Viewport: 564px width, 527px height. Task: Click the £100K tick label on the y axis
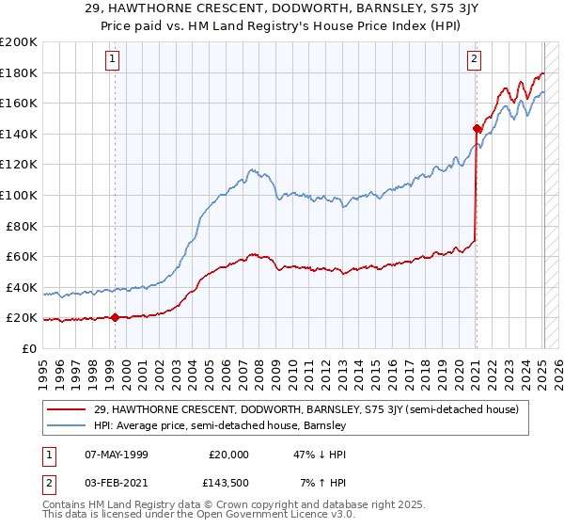(19, 195)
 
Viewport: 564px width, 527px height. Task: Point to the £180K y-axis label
(19, 72)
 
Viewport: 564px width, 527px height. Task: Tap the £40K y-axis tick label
(22, 287)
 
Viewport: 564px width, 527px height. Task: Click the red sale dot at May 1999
(115, 317)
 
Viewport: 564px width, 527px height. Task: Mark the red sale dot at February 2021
(477, 128)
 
